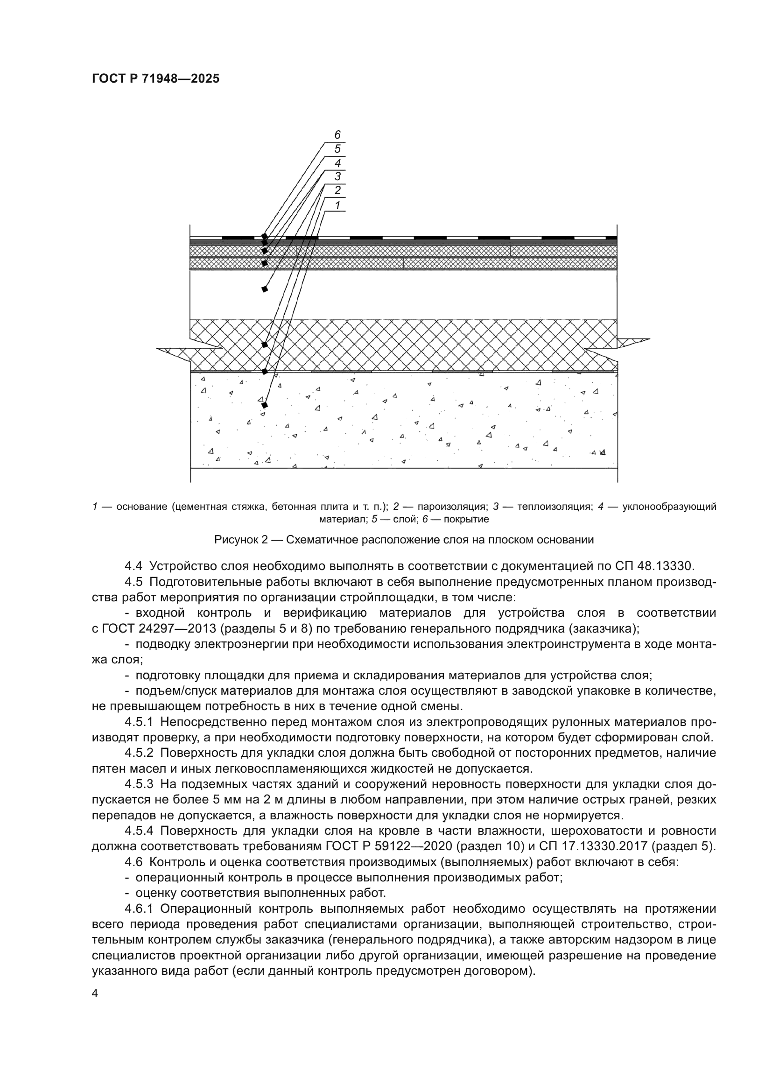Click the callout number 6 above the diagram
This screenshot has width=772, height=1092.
337,135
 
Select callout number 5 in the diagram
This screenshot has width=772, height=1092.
337,149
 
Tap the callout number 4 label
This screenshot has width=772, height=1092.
337,163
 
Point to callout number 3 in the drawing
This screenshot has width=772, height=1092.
337,177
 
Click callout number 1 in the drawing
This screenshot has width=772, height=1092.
337,205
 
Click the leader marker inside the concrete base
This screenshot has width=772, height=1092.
265,405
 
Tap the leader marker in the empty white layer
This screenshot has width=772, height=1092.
265,289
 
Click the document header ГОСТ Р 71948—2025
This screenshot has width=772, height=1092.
155,79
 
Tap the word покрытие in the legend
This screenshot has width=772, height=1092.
466,519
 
